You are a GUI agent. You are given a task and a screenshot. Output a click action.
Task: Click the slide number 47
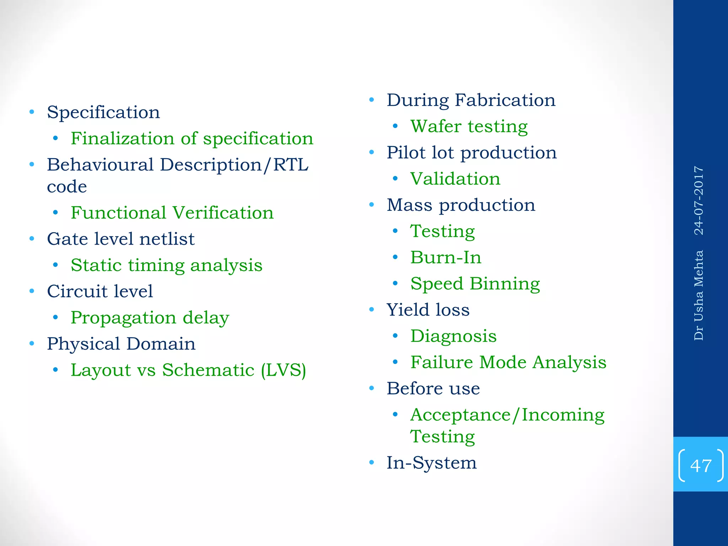pyautogui.click(x=701, y=465)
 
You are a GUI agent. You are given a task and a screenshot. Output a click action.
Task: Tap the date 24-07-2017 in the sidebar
pyautogui.click(x=699, y=200)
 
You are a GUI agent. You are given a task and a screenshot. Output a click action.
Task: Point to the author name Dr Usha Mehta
pyautogui.click(x=699, y=295)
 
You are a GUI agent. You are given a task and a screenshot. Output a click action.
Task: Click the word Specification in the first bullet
pyautogui.click(x=103, y=113)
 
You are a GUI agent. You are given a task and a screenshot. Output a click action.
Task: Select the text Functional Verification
pyautogui.click(x=172, y=213)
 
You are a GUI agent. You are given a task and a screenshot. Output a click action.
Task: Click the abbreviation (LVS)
pyautogui.click(x=283, y=370)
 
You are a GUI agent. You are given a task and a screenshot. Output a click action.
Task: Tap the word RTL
pyautogui.click(x=291, y=165)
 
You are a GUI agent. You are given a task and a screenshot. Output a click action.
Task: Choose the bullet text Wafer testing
pyautogui.click(x=469, y=127)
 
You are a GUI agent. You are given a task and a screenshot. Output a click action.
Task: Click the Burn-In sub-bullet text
pyautogui.click(x=446, y=257)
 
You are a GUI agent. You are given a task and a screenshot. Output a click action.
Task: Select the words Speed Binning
pyautogui.click(x=475, y=284)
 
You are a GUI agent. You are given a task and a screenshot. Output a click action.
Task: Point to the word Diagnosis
pyautogui.click(x=453, y=336)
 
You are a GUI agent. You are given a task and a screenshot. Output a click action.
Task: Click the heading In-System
pyautogui.click(x=432, y=463)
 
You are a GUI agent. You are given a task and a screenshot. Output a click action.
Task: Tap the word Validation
pyautogui.click(x=455, y=179)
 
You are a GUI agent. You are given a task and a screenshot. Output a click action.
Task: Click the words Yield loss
pyautogui.click(x=428, y=310)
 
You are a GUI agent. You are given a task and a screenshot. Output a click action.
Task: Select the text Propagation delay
pyautogui.click(x=150, y=318)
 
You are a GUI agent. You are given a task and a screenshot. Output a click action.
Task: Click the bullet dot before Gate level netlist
pyautogui.click(x=32, y=239)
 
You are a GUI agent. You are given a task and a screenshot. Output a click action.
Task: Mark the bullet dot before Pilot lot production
pyautogui.click(x=372, y=152)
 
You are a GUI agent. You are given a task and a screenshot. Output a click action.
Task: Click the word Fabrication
pyautogui.click(x=505, y=100)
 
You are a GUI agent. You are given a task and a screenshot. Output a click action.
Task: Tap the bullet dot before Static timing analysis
pyautogui.click(x=55, y=265)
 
